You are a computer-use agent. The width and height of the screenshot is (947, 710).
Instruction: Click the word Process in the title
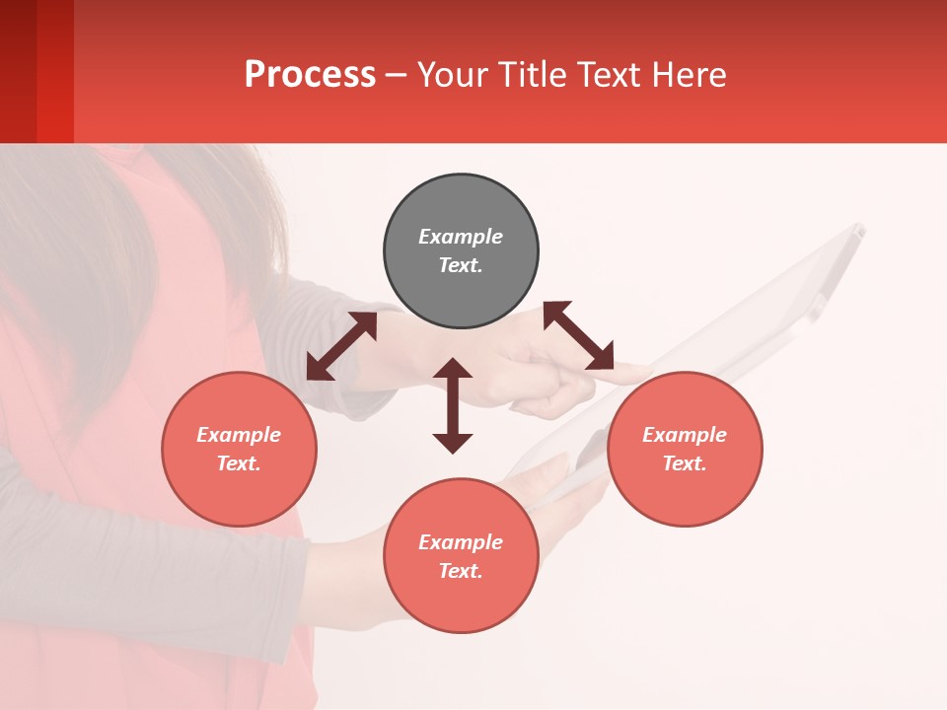310,75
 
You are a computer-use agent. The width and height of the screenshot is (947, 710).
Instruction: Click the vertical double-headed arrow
453,405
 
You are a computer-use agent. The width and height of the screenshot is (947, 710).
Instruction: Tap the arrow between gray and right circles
578,335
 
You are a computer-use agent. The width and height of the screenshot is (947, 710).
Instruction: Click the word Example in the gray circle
461,237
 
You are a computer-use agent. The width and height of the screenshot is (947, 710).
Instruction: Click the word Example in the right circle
685,435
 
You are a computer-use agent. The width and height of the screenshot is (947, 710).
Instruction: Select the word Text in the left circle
238,463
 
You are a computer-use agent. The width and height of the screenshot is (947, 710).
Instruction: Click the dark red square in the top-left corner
36,71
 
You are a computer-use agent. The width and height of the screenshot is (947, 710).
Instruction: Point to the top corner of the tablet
858,228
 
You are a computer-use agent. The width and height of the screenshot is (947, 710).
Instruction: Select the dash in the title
396,76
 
